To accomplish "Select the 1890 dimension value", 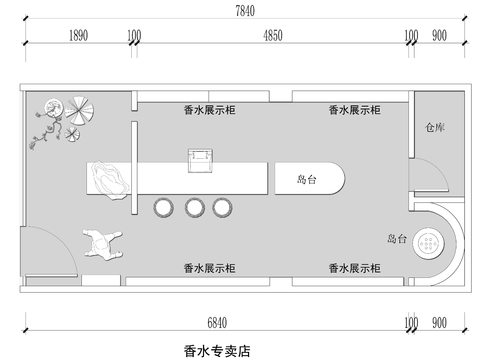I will [80, 36].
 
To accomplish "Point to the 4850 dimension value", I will [273, 36].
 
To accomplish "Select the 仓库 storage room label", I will [434, 128].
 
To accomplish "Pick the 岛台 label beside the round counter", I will [397, 240].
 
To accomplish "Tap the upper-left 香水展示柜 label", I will [210, 110].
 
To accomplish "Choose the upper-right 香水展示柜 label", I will [354, 110].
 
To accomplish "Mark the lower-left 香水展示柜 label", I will [210, 268].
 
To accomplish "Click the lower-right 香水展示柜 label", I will [354, 268].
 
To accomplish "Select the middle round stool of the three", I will [194, 207].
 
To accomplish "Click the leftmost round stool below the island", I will [164, 207].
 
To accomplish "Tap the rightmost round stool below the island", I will [223, 207].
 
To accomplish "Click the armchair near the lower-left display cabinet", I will [102, 242].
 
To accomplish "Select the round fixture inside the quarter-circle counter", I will [432, 240].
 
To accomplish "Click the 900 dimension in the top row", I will [439, 36].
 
